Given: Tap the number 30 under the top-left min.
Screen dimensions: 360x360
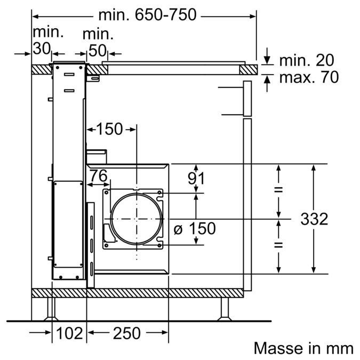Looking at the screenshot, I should coord(42,49).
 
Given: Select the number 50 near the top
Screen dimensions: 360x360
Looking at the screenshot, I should coord(97,51).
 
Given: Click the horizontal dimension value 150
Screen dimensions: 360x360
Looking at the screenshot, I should coord(109,129).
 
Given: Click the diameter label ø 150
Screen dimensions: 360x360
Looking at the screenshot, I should coord(195,229).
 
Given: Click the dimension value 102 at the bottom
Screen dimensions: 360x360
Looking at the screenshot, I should coord(69,333).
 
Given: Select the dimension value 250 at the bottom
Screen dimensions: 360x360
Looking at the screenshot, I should coord(126,333).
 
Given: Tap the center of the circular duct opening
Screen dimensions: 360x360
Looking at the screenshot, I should coord(137,218).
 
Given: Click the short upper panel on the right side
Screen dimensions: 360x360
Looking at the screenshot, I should coord(247,99).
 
